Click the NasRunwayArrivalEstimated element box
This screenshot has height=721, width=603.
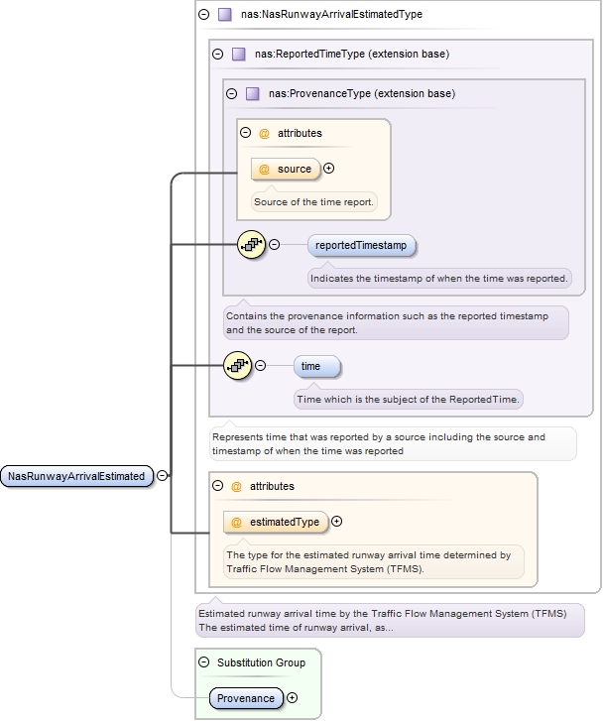[77, 476]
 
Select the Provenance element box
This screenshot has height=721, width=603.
[246, 698]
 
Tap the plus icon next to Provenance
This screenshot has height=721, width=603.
[293, 698]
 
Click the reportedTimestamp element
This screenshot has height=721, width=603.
[362, 245]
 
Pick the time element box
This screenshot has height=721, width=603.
[316, 367]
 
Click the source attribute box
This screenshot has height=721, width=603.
[287, 169]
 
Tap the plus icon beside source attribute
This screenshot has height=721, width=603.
[329, 169]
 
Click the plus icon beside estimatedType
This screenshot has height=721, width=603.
[336, 522]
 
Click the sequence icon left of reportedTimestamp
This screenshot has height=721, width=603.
[252, 244]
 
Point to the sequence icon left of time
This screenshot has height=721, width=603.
[238, 366]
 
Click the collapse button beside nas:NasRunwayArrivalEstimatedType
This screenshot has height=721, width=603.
[204, 15]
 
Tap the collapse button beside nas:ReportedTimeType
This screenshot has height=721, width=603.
[218, 55]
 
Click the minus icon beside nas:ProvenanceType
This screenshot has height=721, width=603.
[232, 94]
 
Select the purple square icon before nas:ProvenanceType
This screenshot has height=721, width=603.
[253, 94]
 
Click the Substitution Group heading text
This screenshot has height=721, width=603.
[261, 662]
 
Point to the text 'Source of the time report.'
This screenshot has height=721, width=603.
[313, 202]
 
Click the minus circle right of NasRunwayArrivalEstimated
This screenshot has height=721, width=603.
[163, 476]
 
